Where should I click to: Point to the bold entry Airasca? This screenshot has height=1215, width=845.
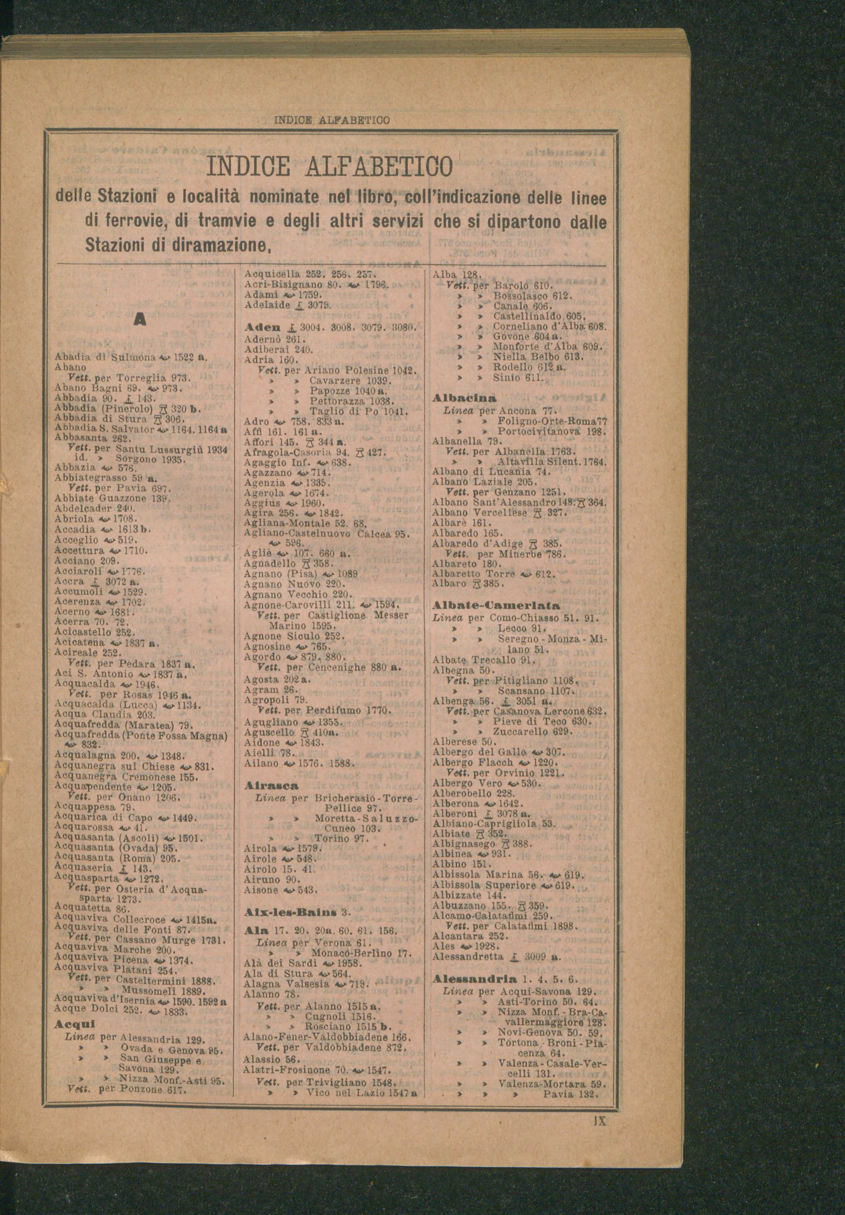[265, 786]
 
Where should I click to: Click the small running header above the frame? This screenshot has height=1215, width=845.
[332, 121]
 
